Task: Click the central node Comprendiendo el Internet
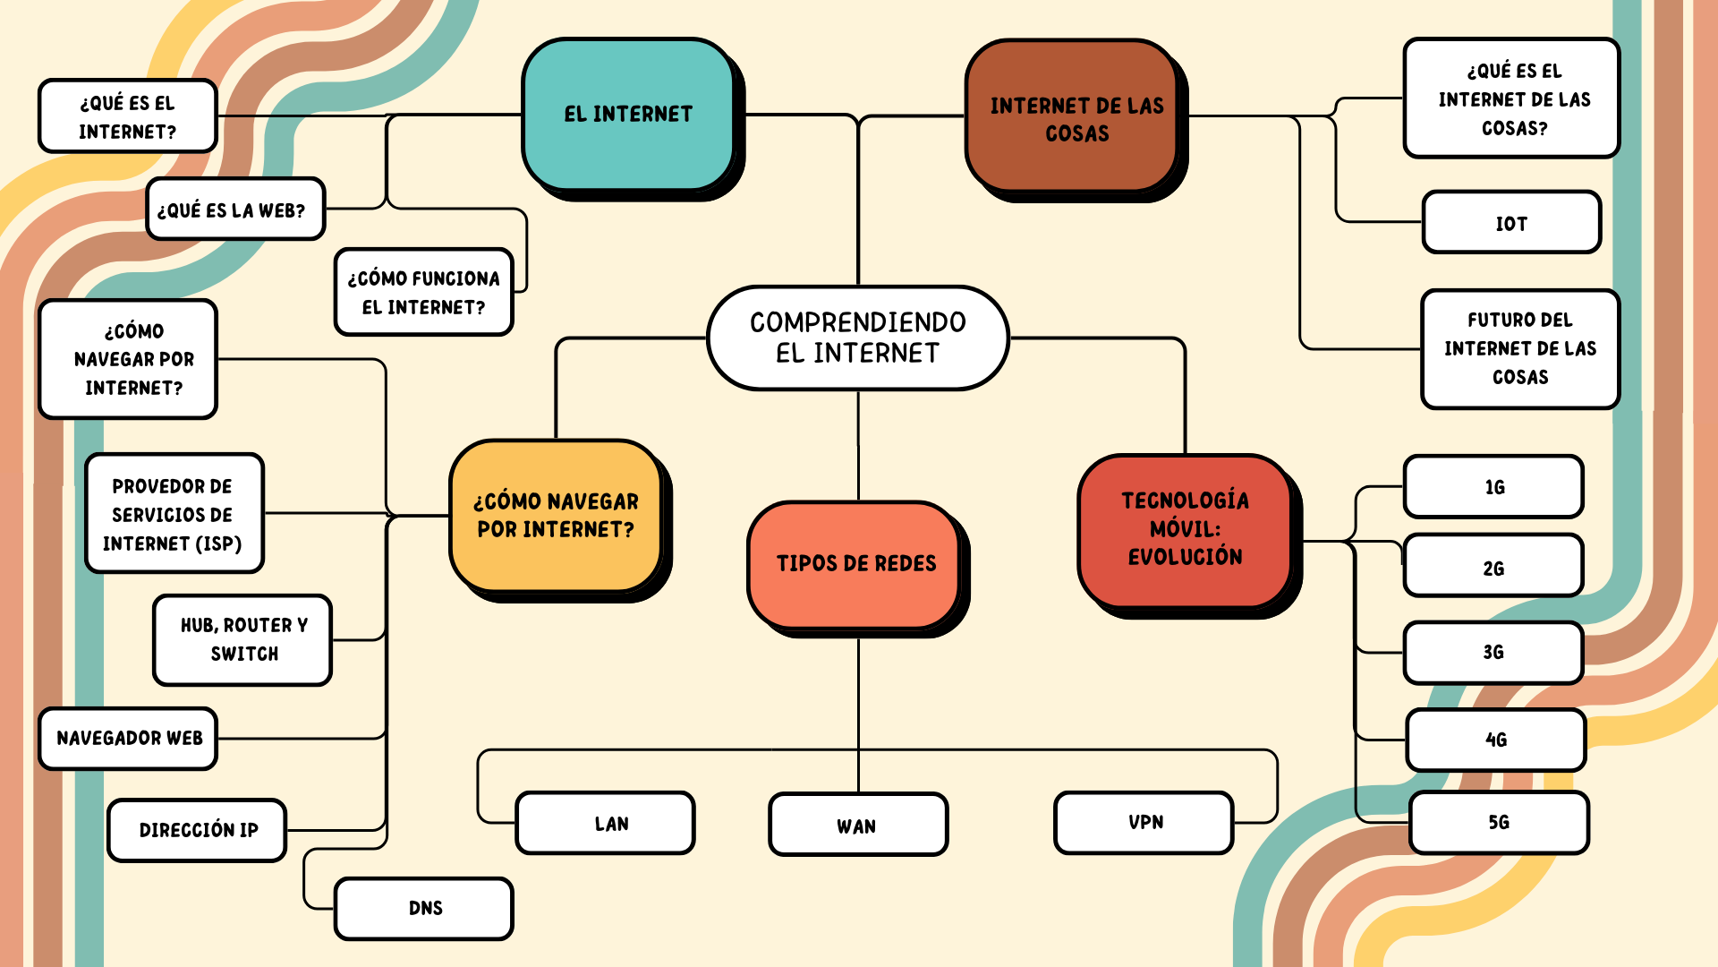pos(858,338)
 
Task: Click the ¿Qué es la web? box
pos(235,209)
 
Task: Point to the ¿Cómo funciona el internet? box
pos(424,292)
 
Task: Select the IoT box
pos(1512,222)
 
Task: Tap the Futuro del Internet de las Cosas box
pos(1521,349)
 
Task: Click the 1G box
pos(1494,487)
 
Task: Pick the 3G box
pos(1494,653)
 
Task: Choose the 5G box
pos(1500,823)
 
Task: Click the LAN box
pos(606,823)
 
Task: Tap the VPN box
pos(1144,823)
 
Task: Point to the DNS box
pos(424,909)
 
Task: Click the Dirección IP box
pos(198,830)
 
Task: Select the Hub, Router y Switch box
pos(242,640)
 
